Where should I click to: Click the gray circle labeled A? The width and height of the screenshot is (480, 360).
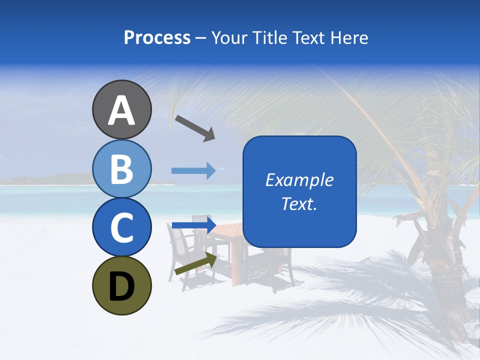121,109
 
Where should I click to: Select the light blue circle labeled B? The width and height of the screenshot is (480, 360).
121,168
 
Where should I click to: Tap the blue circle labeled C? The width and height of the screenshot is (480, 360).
121,227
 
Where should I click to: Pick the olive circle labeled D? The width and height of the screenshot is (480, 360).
121,285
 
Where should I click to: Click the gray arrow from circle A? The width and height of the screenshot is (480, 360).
195,127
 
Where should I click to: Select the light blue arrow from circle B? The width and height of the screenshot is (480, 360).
193,171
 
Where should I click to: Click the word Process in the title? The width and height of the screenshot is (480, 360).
157,38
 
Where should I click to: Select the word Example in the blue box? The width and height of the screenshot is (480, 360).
299,180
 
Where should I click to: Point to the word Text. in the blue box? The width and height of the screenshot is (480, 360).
299,203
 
